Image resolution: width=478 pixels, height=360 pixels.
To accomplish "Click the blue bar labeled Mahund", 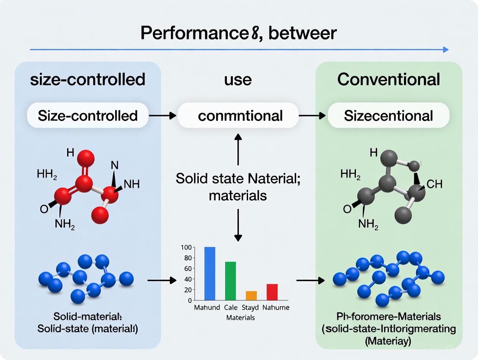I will click(210, 273).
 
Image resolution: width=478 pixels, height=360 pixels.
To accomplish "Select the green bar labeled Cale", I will click(230, 281).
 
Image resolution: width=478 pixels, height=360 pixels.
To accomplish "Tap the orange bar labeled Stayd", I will click(251, 296).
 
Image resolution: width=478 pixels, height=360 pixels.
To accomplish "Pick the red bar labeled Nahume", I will click(272, 292).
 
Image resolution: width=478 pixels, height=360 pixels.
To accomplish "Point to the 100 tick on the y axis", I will click(185, 247).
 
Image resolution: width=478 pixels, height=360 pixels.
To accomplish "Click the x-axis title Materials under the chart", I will click(241, 317).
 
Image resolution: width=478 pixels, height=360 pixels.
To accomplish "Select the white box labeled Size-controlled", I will click(87, 116).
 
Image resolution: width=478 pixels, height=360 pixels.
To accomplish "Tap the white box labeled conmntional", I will click(238, 116).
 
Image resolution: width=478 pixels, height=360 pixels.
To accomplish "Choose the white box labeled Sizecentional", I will click(388, 116).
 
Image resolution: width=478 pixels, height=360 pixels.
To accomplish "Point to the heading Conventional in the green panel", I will click(388, 79).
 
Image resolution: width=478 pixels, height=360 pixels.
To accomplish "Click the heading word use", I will click(238, 79).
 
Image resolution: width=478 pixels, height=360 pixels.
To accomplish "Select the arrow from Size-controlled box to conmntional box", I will click(163, 116).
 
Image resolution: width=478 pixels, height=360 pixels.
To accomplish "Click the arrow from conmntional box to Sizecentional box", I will click(312, 116).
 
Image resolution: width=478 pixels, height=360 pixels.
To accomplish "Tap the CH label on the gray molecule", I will click(434, 184).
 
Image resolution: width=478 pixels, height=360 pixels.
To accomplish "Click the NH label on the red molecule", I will click(131, 184).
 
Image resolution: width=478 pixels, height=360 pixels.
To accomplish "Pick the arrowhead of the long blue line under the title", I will click(446, 50).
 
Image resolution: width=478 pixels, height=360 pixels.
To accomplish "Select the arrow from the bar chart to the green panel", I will click(310, 281).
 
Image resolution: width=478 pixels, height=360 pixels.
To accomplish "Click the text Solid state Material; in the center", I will click(238, 178).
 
